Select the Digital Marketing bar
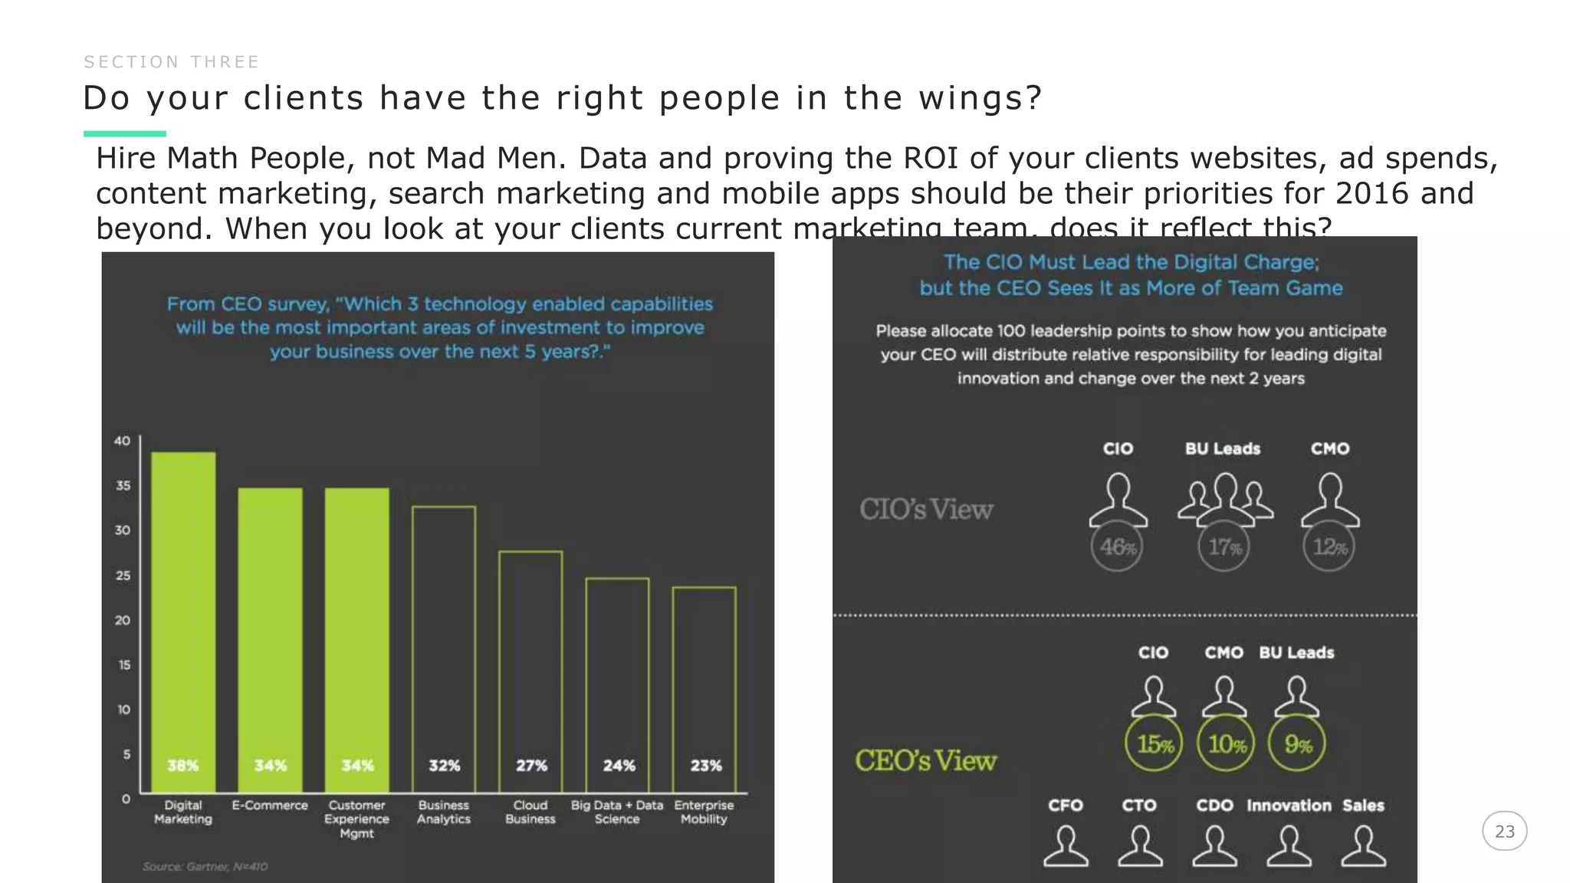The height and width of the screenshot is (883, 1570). (x=182, y=621)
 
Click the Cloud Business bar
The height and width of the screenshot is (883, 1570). (x=530, y=671)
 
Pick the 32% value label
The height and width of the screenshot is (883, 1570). (x=444, y=766)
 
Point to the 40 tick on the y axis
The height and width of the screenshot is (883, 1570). (x=122, y=441)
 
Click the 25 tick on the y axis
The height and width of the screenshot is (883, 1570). (x=123, y=575)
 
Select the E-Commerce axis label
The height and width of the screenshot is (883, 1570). (x=270, y=806)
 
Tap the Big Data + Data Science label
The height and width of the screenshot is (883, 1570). (x=617, y=812)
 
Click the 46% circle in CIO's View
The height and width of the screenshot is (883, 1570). (x=1117, y=547)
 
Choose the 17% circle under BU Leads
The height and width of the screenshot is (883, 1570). (x=1223, y=547)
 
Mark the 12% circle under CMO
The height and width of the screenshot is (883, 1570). (x=1329, y=547)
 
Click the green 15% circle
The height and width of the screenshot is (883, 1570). (x=1154, y=743)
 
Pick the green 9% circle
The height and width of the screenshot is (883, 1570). (x=1297, y=743)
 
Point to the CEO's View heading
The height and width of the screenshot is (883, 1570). (x=926, y=761)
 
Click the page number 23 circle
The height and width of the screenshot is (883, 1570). (x=1504, y=832)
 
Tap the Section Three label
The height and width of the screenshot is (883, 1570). (x=172, y=62)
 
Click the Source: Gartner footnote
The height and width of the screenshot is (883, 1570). (x=205, y=867)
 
